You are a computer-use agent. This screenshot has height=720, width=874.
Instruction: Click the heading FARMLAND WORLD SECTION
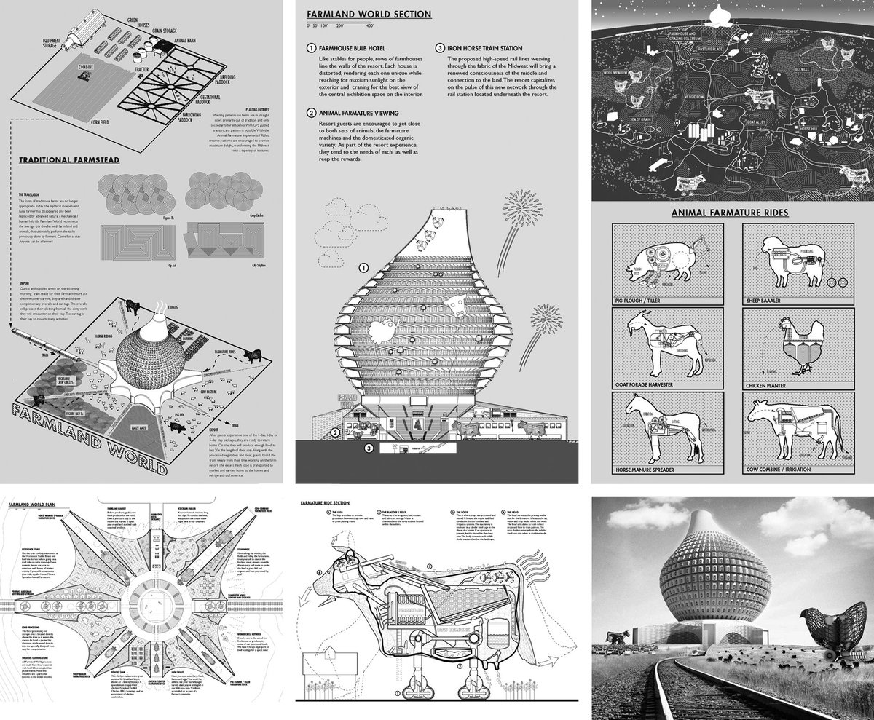point(369,14)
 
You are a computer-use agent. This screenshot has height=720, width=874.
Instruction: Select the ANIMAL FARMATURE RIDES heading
point(733,213)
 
